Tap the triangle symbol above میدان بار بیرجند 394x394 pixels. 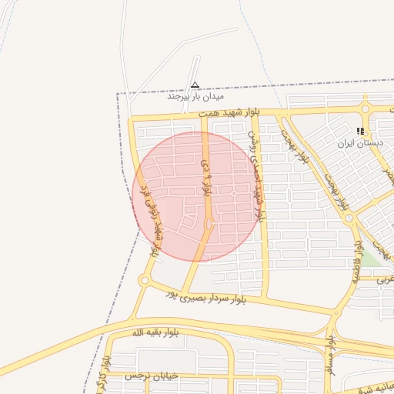pyautogui.click(x=195, y=85)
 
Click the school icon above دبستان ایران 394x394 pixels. pyautogui.click(x=360, y=131)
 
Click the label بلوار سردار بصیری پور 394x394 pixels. pyautogui.click(x=232, y=295)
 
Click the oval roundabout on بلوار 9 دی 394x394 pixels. pyautogui.click(x=209, y=224)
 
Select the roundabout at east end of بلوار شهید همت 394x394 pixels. pyautogui.click(x=366, y=109)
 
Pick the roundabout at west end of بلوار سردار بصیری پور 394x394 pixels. pyautogui.click(x=143, y=281)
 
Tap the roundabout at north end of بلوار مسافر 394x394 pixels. pyautogui.click(x=334, y=312)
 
